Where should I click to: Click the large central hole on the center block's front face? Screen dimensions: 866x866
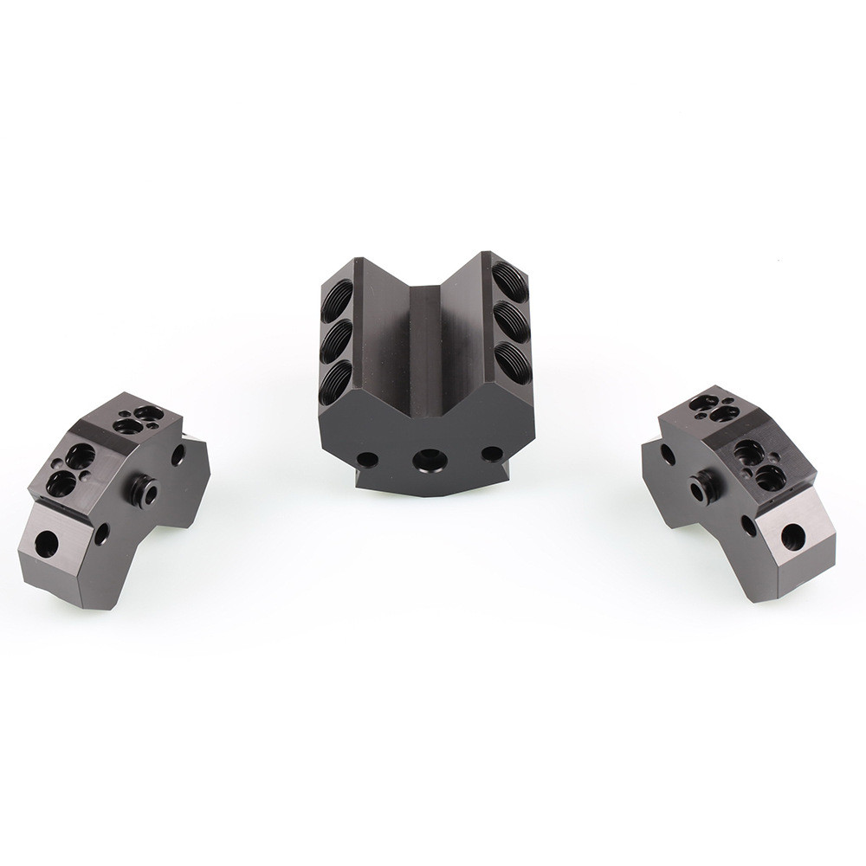pyautogui.click(x=426, y=460)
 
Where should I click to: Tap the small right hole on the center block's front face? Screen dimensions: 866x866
pyautogui.click(x=490, y=452)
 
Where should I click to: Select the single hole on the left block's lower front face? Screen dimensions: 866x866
pyautogui.click(x=45, y=544)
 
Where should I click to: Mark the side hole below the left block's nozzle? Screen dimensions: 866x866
pyautogui.click(x=102, y=534)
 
